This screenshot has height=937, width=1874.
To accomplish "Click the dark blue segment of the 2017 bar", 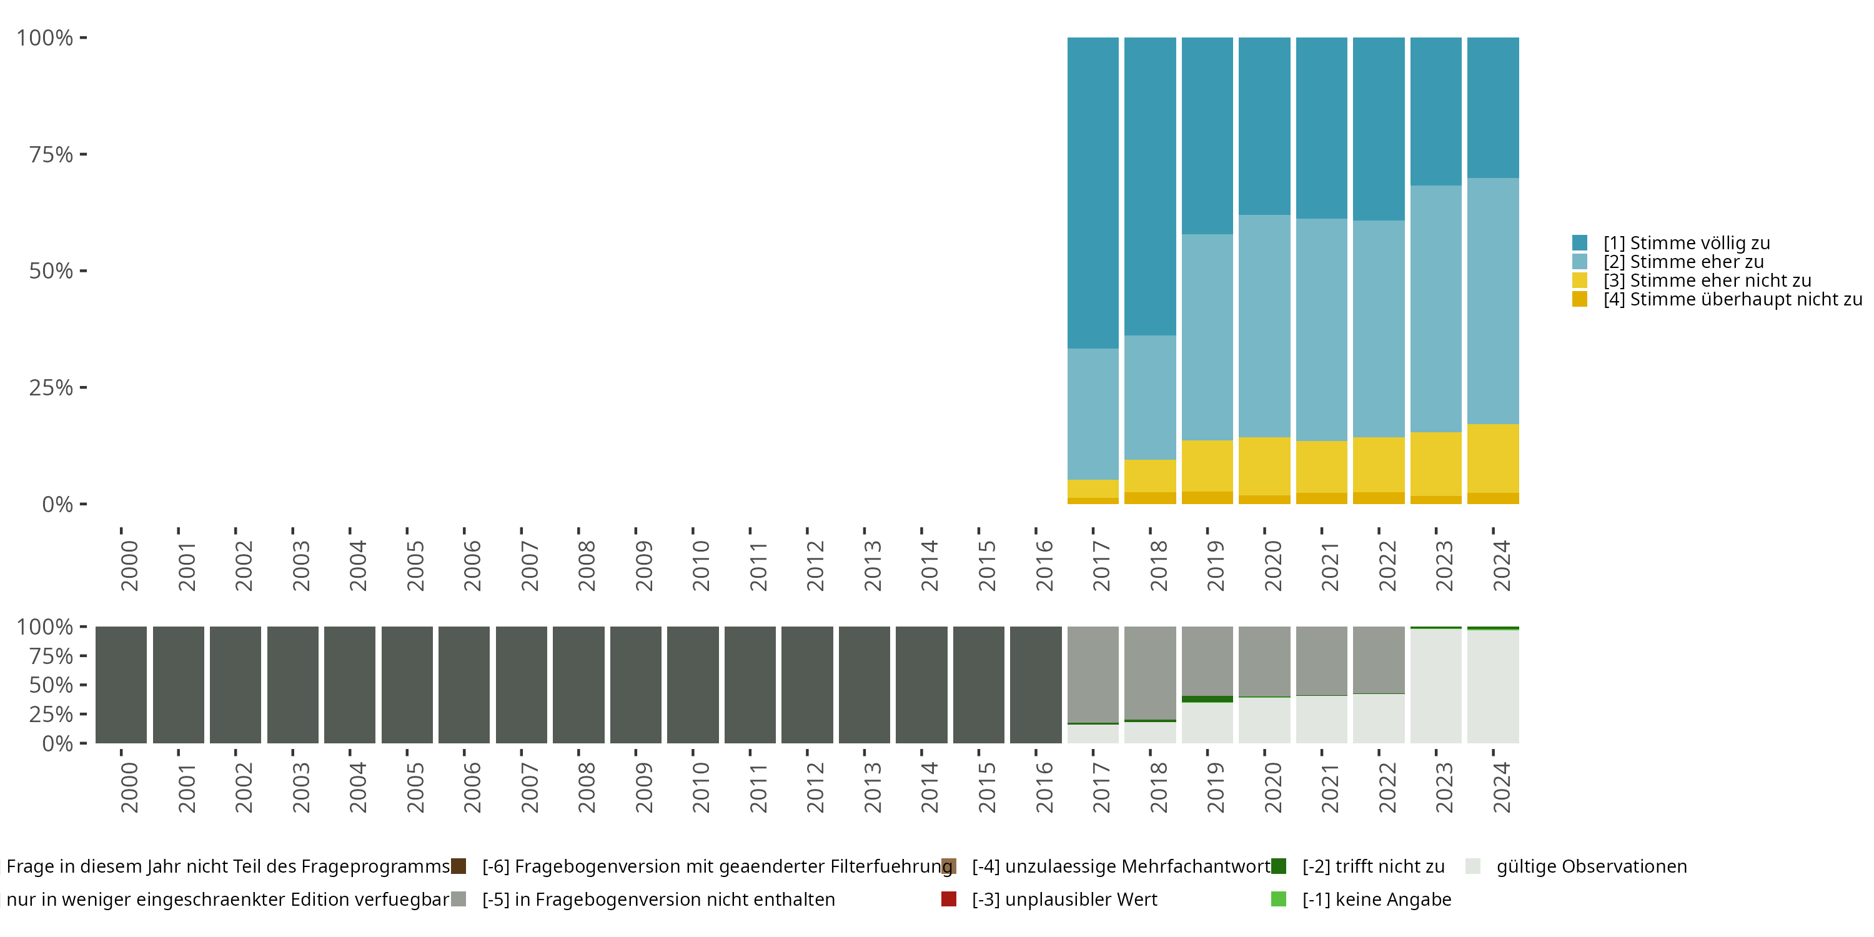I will click(x=1093, y=193).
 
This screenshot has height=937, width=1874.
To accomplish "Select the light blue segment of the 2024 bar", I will click(x=1493, y=300).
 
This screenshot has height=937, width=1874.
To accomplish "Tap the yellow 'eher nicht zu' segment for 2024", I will click(x=1493, y=459).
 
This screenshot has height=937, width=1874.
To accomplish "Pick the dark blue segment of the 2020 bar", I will click(x=1264, y=126).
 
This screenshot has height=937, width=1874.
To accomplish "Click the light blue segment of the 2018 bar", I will click(x=1149, y=397).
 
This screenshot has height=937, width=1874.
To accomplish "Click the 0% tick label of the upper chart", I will click(x=57, y=504).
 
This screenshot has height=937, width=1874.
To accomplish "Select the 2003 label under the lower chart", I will click(x=300, y=787).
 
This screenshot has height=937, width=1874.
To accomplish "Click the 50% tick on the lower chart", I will click(x=51, y=685).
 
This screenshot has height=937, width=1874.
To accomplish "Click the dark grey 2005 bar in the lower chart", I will click(x=407, y=685).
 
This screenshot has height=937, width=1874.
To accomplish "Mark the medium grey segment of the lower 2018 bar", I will click(x=1149, y=673).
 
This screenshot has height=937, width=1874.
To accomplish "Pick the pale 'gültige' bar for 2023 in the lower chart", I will click(x=1435, y=686).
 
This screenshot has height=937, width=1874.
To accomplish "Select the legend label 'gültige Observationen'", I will click(x=1591, y=866).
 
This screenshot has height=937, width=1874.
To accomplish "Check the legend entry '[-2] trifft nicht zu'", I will click(x=1373, y=866).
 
